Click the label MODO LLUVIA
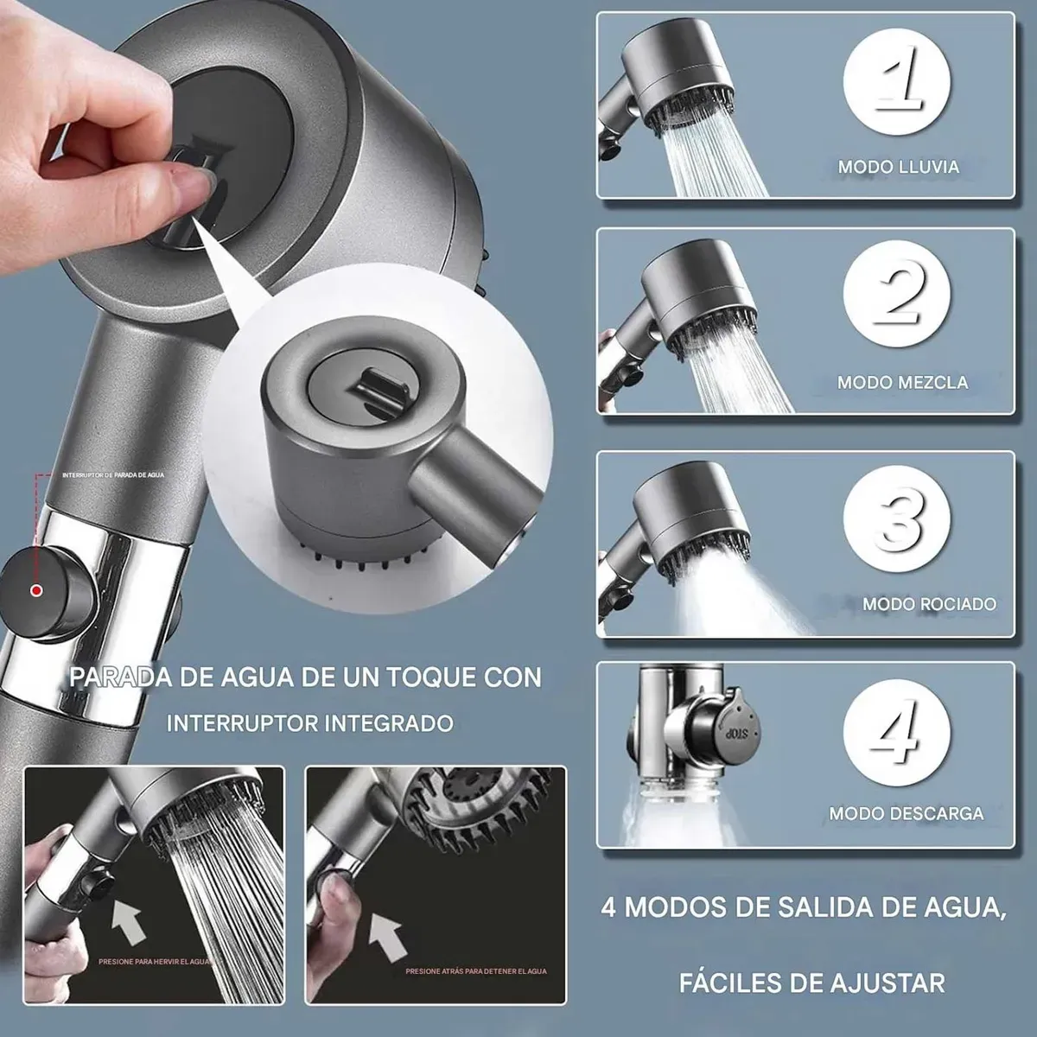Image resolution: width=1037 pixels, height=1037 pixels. coord(898,167)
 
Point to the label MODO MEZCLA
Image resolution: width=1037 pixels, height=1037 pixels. coord(902,381)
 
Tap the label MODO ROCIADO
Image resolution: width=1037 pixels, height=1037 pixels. coord(929,604)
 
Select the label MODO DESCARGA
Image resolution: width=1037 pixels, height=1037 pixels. coord(906,813)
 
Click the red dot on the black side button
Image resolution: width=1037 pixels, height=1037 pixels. coord(36,591)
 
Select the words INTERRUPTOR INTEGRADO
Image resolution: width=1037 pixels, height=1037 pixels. coord(309,722)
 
